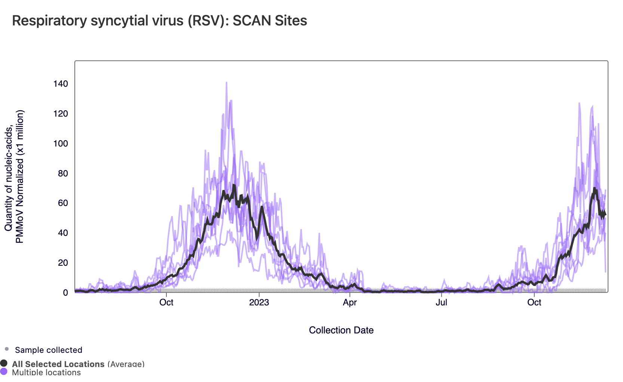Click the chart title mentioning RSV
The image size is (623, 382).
(x=159, y=21)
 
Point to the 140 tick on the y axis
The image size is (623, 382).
(x=61, y=84)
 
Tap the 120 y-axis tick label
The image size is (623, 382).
(x=61, y=114)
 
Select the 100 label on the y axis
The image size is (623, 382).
(x=61, y=144)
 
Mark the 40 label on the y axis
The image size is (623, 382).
(x=63, y=233)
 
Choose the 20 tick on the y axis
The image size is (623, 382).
(x=63, y=263)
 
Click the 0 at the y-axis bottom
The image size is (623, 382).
(x=65, y=293)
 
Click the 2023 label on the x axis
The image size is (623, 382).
(x=259, y=302)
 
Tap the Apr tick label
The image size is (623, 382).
(x=350, y=302)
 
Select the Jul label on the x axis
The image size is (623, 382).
(x=441, y=302)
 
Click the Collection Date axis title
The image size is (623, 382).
(x=341, y=330)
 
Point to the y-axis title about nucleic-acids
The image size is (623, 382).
(x=14, y=176)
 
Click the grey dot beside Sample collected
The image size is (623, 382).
(x=7, y=349)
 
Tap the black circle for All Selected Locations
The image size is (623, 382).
(x=4, y=363)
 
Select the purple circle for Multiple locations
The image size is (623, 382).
(x=4, y=372)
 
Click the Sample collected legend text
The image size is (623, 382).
(x=49, y=350)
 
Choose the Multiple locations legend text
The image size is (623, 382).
(x=46, y=372)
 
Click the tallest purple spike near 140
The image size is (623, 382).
(x=227, y=83)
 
